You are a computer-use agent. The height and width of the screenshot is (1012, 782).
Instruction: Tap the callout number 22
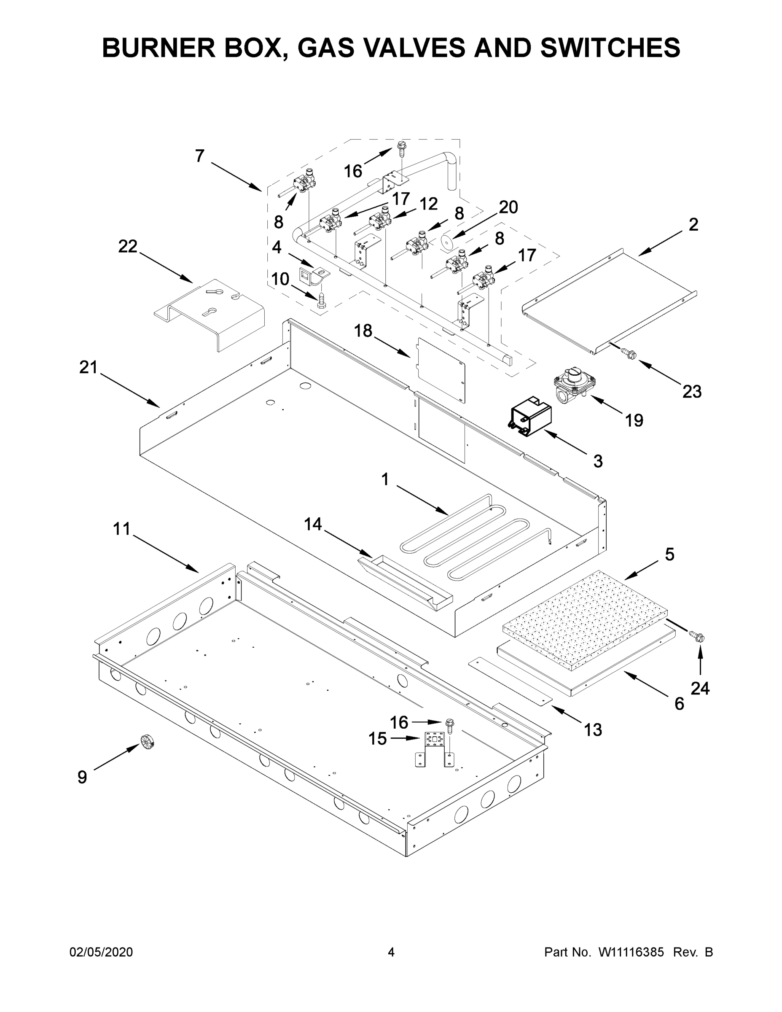pyautogui.click(x=128, y=247)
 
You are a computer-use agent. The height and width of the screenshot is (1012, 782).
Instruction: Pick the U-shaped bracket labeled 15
pyautogui.click(x=434, y=752)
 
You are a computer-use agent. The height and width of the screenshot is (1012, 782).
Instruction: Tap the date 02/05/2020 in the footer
pyautogui.click(x=101, y=952)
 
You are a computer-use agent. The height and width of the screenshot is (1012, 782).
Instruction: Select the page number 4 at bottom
pyautogui.click(x=391, y=952)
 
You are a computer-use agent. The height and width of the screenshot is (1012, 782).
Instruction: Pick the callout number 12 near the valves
pyautogui.click(x=429, y=204)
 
